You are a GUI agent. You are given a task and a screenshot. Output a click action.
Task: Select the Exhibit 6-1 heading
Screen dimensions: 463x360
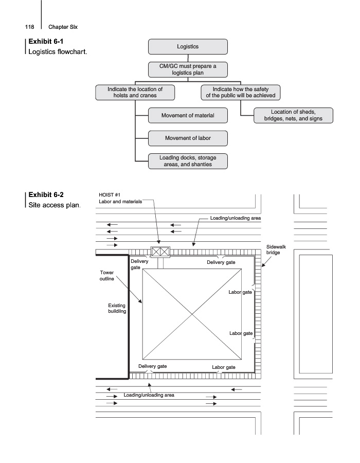pos(46,41)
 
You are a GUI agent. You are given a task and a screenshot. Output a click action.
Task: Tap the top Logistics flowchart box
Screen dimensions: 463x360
pos(188,47)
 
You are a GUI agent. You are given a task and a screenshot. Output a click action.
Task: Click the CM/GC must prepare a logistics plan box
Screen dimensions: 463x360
pos(188,69)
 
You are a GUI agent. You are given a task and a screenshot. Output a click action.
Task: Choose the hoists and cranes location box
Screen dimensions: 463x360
pos(135,92)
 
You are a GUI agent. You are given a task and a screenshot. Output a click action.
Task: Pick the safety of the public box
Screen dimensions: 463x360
pos(240,92)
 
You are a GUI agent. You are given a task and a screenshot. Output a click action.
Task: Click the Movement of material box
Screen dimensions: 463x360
pos(188,115)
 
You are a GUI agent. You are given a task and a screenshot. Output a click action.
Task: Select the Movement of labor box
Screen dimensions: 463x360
pos(188,138)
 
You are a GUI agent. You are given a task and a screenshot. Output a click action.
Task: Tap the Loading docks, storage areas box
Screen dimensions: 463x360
pos(188,161)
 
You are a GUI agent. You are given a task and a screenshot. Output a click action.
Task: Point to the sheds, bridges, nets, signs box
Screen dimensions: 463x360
pos(293,115)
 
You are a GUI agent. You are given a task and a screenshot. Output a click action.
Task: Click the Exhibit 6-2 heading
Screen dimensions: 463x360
pos(46,195)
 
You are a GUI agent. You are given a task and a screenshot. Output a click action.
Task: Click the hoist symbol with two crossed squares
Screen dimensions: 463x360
pos(160,252)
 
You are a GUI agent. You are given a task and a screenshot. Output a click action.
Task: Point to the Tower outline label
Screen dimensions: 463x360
pos(107,276)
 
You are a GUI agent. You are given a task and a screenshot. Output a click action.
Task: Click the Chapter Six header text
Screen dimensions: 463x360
pos(63,27)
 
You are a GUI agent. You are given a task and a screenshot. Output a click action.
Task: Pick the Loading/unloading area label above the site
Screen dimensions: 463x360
pos(235,218)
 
